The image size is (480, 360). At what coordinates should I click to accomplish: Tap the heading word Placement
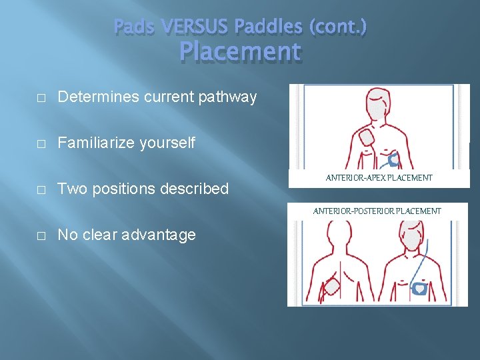[x=240, y=51]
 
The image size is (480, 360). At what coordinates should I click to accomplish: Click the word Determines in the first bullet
[x=94, y=97]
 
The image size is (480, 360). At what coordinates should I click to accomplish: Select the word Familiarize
[x=93, y=143]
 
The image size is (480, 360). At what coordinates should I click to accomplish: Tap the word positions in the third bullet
[x=126, y=189]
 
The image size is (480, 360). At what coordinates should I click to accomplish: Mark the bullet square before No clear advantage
[x=41, y=235]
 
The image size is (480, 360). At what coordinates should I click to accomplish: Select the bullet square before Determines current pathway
[x=41, y=97]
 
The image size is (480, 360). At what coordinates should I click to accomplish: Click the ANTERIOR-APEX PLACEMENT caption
[x=379, y=178]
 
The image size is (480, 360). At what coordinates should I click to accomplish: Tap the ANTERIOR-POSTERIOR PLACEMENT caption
[x=377, y=211]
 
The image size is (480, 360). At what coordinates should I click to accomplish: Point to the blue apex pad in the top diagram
[x=395, y=159]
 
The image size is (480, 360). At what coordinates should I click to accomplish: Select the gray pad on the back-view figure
[x=331, y=289]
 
